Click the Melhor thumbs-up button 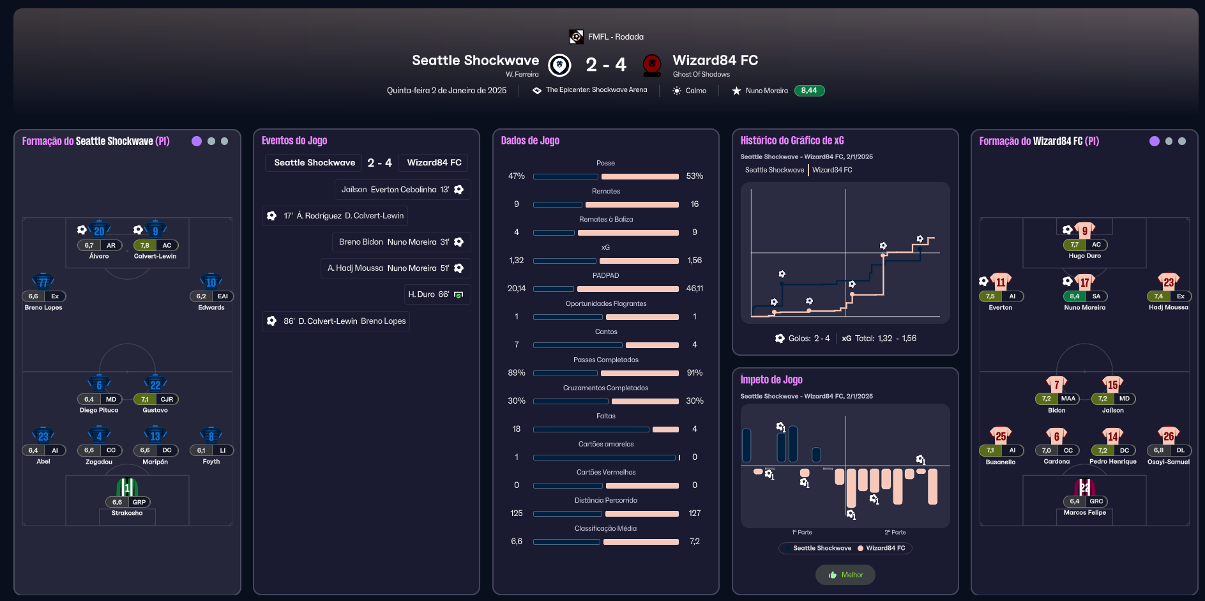click(x=845, y=575)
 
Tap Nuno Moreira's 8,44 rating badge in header click(x=809, y=91)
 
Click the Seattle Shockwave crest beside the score click(x=559, y=65)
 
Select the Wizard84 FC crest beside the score click(x=651, y=65)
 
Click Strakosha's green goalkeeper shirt click(x=127, y=488)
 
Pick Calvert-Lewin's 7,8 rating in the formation click(x=144, y=245)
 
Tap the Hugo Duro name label click(x=1084, y=256)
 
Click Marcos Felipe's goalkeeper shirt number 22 click(x=1084, y=488)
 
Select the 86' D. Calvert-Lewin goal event click(x=336, y=321)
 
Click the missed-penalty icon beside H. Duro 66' click(x=459, y=294)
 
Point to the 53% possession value click(x=694, y=176)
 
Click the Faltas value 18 click(x=517, y=429)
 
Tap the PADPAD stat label click(x=605, y=276)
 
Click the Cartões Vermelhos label click(x=605, y=473)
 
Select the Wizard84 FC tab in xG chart click(x=832, y=170)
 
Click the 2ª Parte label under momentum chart click(x=895, y=532)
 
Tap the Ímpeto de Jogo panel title click(x=771, y=379)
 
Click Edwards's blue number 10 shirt click(x=211, y=282)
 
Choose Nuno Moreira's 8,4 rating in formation click(x=1074, y=296)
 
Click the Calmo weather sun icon click(x=676, y=91)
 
